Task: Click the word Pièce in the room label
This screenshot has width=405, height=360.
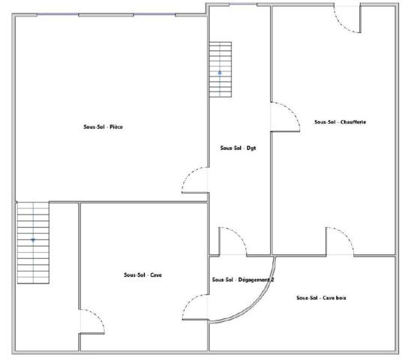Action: tap(116, 127)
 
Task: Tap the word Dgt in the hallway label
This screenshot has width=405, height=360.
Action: tap(251, 148)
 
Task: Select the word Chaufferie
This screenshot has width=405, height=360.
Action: tap(352, 122)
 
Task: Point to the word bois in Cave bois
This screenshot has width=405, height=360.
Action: tap(341, 298)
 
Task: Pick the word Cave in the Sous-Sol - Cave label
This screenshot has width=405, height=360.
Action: tap(156, 275)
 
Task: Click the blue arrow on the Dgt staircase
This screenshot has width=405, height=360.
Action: tap(220, 73)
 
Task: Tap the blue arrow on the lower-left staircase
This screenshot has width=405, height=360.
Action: tap(33, 241)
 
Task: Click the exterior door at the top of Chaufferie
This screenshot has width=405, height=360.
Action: tap(347, 19)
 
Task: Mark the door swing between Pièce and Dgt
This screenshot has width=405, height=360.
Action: tap(195, 180)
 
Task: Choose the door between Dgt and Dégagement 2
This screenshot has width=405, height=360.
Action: tap(233, 241)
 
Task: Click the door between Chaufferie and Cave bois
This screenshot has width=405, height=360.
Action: tap(340, 241)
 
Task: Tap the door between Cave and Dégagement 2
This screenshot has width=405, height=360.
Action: tap(196, 307)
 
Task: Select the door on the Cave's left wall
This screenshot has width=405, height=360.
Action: tap(92, 322)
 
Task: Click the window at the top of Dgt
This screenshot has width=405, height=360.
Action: tap(243, 4)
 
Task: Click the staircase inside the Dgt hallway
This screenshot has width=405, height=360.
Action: tap(220, 70)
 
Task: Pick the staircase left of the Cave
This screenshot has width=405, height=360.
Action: tap(33, 243)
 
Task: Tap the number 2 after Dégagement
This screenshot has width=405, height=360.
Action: tap(272, 280)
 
